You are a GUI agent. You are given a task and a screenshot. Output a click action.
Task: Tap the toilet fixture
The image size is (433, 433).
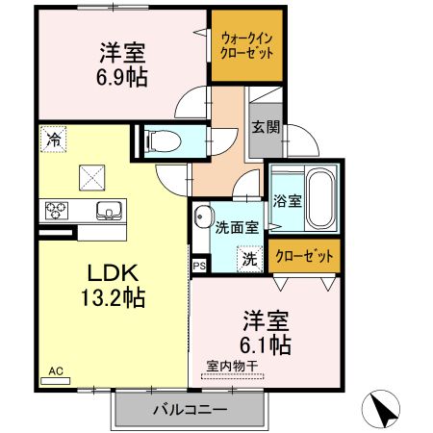click(x=161, y=141)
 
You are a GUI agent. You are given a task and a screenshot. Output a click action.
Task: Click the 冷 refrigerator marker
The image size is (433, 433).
click(x=53, y=140)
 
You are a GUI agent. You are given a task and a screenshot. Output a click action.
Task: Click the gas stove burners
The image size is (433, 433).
click(x=56, y=210)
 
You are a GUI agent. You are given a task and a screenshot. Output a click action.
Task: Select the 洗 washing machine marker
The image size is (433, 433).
click(x=248, y=258)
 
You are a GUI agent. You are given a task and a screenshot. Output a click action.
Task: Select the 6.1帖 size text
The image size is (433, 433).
click(x=267, y=343)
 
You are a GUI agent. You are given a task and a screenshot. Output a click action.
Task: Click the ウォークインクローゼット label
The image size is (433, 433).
click(x=247, y=44)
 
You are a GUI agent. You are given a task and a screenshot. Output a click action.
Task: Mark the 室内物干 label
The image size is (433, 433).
click(x=232, y=367)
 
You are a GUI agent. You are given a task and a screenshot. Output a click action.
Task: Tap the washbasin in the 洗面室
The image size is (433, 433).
click(x=203, y=216)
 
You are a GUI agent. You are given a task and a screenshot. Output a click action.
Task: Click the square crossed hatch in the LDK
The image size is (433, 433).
click(x=93, y=176)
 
